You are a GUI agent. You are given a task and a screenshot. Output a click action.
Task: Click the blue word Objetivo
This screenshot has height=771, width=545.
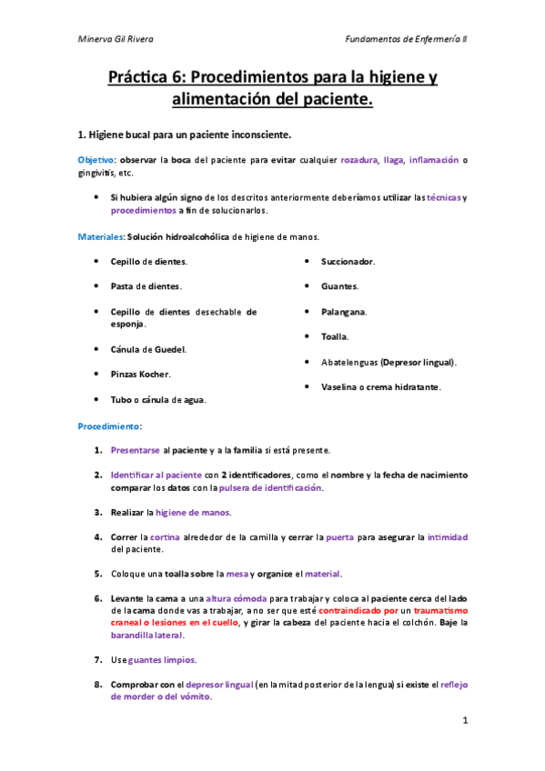[96, 160]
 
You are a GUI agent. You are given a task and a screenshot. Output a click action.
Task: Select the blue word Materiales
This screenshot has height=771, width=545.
[100, 236]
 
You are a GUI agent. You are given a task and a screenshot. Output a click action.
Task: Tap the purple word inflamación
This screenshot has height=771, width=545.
[434, 160]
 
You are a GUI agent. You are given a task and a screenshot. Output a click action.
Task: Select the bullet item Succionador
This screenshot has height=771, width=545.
[348, 262]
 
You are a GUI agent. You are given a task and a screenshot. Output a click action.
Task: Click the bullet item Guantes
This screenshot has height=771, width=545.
[339, 286]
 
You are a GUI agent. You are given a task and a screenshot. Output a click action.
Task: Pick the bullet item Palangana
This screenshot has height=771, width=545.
[344, 312]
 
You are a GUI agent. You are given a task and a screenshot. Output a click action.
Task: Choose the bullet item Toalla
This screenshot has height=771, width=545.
[335, 336]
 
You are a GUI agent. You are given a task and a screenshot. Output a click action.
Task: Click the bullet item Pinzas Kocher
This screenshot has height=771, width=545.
[140, 374]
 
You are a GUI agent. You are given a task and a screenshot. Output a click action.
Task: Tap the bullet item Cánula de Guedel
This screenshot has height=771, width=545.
[148, 349]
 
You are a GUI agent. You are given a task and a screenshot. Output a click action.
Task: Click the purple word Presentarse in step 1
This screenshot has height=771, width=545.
[136, 450]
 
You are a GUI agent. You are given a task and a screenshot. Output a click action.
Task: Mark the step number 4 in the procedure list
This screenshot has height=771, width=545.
[97, 536]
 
